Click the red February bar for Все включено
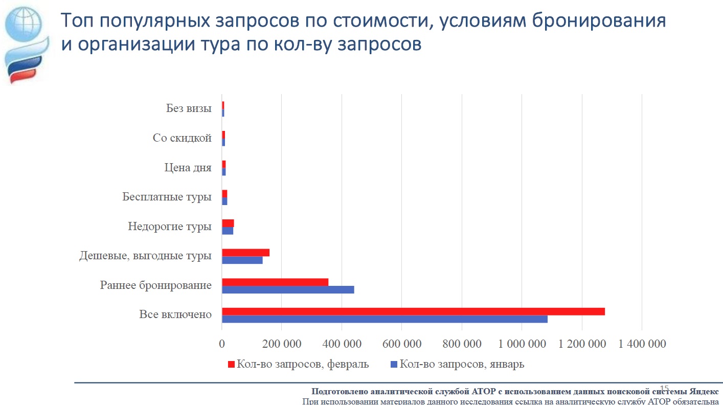[413, 311]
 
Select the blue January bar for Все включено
[385, 319]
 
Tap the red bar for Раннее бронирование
[275, 282]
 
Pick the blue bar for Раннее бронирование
[288, 289]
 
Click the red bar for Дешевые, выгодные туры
[245, 253]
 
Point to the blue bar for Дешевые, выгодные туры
[242, 260]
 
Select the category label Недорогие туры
[170, 227]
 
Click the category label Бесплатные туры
[167, 197]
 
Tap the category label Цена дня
[188, 167]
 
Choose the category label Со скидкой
[182, 138]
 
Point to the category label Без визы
[189, 108]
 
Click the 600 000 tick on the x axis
[402, 344]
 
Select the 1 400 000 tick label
[642, 344]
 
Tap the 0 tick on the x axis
[222, 344]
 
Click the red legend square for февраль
[231, 365]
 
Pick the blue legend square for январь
[394, 365]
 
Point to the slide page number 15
[665, 388]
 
